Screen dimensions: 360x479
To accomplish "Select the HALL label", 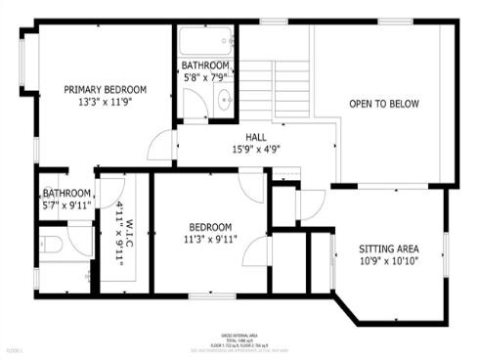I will [x=256, y=138].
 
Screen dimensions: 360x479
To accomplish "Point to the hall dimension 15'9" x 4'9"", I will [x=256, y=150].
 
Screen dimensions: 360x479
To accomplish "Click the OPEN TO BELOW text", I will [x=384, y=103].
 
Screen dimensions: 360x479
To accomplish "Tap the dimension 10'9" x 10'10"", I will [x=390, y=262].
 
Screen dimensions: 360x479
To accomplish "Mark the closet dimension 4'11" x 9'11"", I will [x=118, y=234].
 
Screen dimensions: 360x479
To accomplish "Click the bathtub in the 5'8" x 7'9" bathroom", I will [x=204, y=42].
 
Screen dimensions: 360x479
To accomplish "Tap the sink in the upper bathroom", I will [x=224, y=98].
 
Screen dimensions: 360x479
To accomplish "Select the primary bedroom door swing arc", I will [x=156, y=148].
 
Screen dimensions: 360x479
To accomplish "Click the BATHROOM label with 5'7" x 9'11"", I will [x=65, y=194].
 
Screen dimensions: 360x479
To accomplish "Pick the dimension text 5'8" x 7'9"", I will [x=204, y=76].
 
